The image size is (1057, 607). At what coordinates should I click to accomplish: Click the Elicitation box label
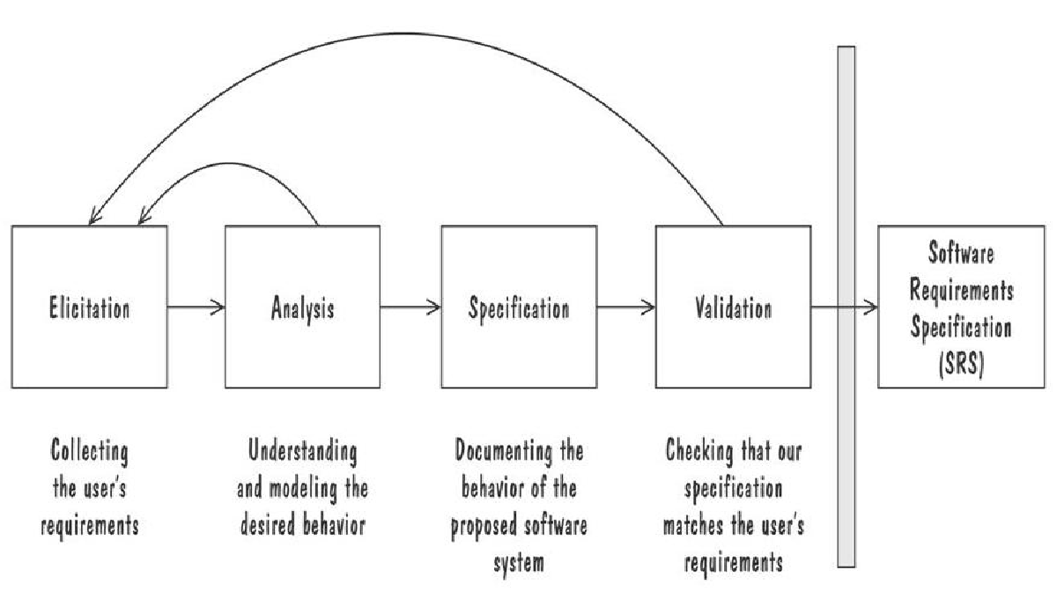89,309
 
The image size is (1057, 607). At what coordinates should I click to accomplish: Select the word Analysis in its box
302,309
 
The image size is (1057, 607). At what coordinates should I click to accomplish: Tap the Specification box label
518,309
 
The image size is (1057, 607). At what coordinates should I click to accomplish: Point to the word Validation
733,309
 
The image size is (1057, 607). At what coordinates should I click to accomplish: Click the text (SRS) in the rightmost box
960,361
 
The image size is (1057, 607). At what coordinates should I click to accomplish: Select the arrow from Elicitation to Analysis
196,307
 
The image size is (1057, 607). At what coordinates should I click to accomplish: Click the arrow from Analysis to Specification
410,307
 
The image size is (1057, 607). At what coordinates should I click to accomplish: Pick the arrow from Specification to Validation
625,307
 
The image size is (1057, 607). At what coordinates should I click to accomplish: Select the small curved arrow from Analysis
229,167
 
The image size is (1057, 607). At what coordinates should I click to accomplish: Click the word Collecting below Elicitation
89,455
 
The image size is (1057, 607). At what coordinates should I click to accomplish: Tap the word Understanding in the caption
302,455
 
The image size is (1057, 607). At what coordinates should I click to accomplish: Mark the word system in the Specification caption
518,561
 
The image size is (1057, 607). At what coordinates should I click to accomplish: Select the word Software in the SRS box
960,255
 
